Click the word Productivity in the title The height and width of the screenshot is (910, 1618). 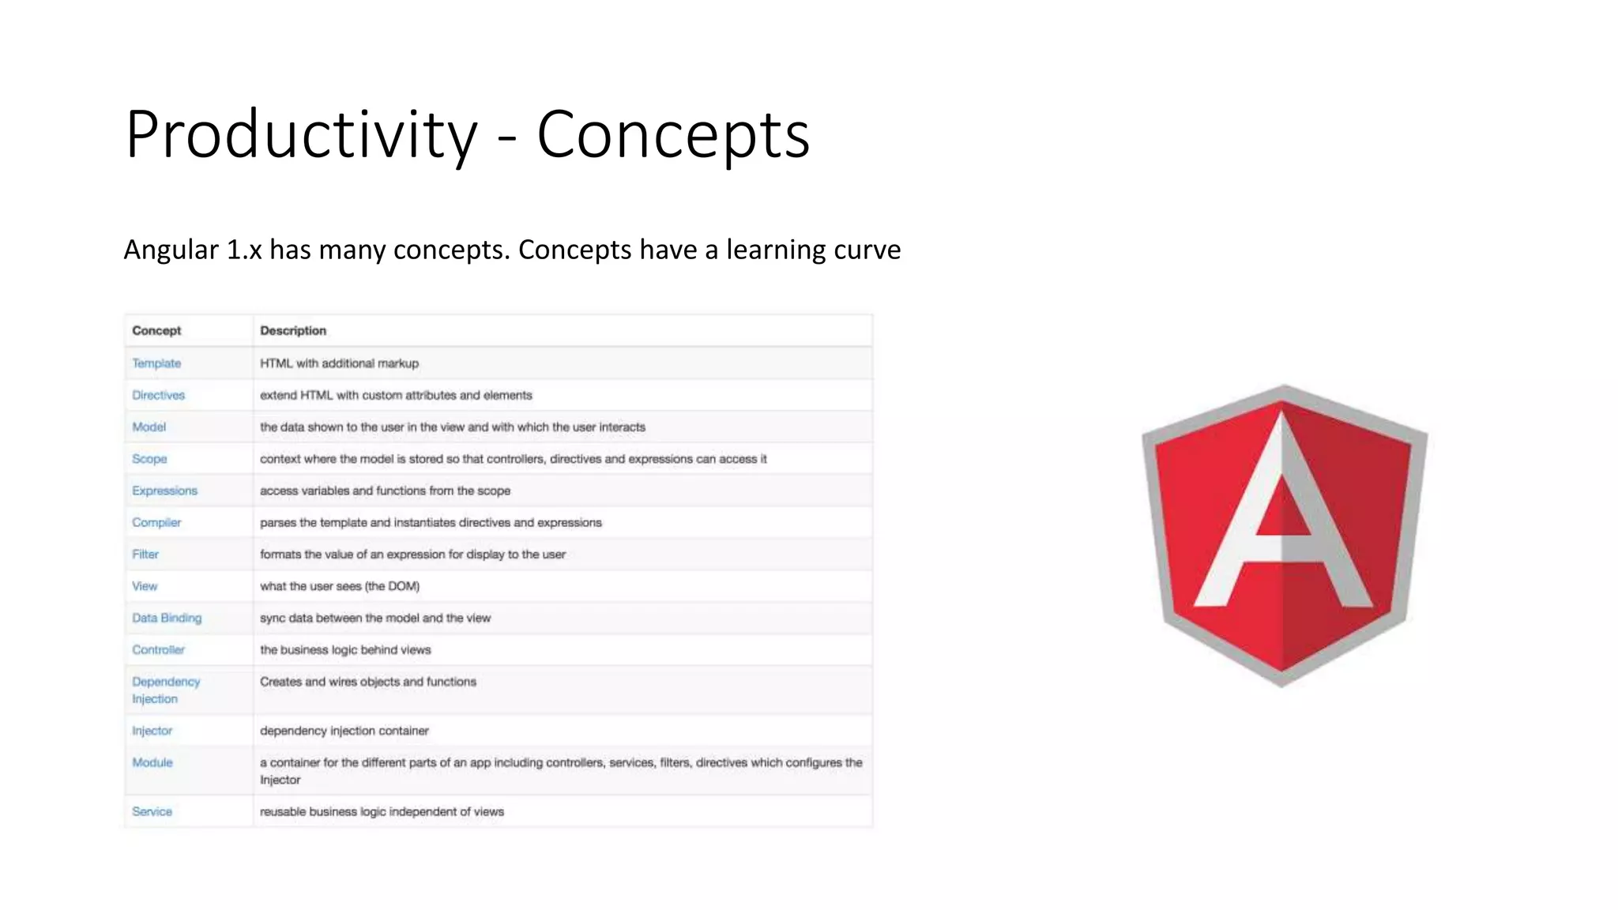(x=301, y=134)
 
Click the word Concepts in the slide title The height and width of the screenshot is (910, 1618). (x=672, y=134)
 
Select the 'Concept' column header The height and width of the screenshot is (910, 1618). (x=156, y=330)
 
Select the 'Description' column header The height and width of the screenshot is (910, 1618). (x=293, y=330)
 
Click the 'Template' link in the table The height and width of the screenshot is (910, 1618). (x=156, y=363)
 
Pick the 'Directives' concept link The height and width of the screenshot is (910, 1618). (x=158, y=395)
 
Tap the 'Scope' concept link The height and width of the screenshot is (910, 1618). (x=149, y=459)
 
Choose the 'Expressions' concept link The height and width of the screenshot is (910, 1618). (x=164, y=491)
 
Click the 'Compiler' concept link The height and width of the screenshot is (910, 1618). (x=156, y=522)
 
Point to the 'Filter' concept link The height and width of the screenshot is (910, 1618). (x=145, y=555)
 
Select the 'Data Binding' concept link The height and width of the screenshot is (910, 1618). (x=167, y=618)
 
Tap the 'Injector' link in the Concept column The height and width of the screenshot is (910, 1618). (x=152, y=731)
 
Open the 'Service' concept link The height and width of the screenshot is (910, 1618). (x=152, y=811)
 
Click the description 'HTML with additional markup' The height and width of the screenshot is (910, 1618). (x=339, y=363)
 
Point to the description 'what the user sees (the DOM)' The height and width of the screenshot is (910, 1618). (x=340, y=586)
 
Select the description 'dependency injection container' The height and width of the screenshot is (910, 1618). (x=344, y=731)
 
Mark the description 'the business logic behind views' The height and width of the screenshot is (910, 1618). (x=345, y=650)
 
